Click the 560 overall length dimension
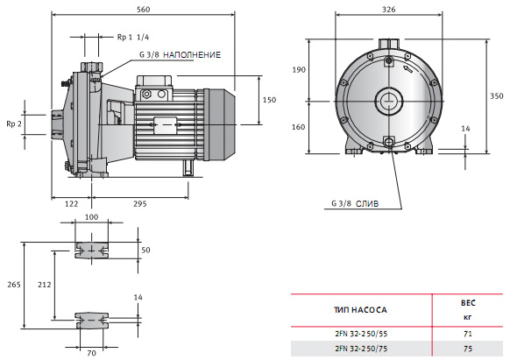point(143,10)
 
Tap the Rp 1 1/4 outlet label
point(133,37)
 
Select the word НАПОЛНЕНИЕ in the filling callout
point(192,54)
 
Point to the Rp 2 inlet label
point(14,124)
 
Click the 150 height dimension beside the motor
point(269,100)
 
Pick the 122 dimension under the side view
point(71,204)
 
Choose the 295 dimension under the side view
point(140,204)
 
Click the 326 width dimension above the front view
point(389,10)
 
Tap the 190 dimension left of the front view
point(299,69)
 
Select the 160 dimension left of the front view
point(298,127)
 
